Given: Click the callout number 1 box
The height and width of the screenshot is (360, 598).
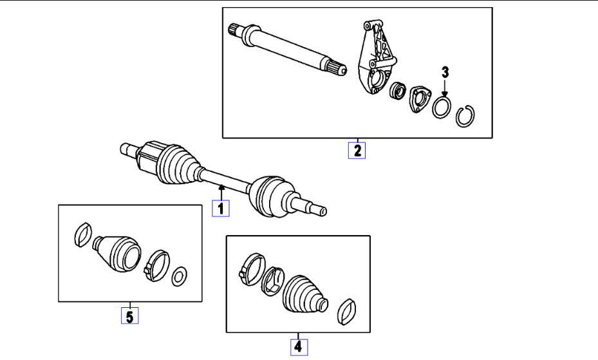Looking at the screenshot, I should (220, 209).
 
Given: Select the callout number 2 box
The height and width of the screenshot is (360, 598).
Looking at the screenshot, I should (357, 150).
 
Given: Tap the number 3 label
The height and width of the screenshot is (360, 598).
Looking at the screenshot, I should (444, 72).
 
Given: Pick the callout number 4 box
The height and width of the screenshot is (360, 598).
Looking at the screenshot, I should (297, 346).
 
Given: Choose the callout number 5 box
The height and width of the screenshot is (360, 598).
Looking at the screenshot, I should (130, 316).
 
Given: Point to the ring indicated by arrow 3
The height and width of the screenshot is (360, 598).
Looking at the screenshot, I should (442, 107).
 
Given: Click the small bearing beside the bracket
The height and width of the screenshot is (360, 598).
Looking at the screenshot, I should (397, 91).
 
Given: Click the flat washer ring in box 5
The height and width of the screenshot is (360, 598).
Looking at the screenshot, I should (180, 276).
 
